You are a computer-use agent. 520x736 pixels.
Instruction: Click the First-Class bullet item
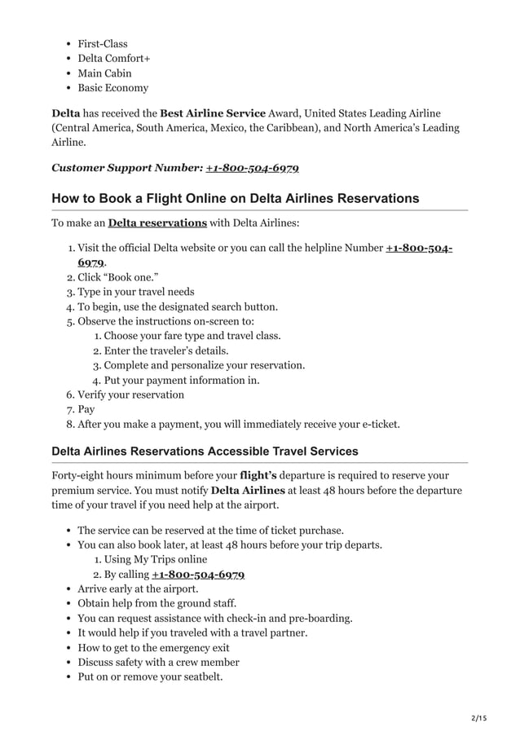point(102,44)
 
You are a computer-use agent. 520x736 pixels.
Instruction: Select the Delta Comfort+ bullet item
point(113,59)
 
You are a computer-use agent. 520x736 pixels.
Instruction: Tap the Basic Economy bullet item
point(112,88)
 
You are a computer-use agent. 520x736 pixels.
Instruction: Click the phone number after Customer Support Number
point(252,168)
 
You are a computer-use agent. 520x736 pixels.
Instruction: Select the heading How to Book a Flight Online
point(235,198)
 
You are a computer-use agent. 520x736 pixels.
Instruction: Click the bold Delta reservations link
point(157,223)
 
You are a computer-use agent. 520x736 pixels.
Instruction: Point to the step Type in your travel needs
point(135,292)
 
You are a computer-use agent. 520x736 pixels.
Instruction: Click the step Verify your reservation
point(130,394)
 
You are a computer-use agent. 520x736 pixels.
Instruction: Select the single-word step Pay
point(86,409)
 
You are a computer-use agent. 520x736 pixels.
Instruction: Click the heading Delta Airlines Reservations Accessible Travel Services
point(205,452)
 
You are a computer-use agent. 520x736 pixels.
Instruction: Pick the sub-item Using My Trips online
point(155,559)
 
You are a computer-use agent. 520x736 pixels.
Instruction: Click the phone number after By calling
point(198,574)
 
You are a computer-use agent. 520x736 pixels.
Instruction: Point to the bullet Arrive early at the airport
point(138,588)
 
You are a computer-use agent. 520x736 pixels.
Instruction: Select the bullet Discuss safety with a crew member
point(158,662)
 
